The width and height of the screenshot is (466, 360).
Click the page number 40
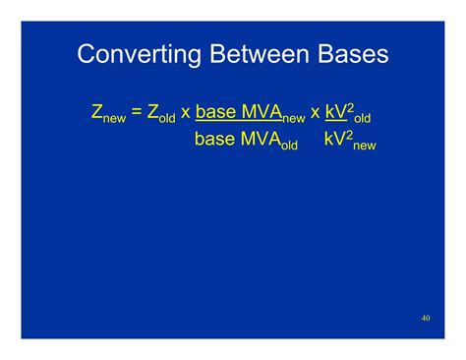coord(426,318)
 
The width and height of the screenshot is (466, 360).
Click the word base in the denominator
coord(214,139)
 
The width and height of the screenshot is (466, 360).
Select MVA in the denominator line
coord(260,139)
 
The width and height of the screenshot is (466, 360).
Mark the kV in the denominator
coord(335,139)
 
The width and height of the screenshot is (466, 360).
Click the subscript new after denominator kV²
coord(366,145)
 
